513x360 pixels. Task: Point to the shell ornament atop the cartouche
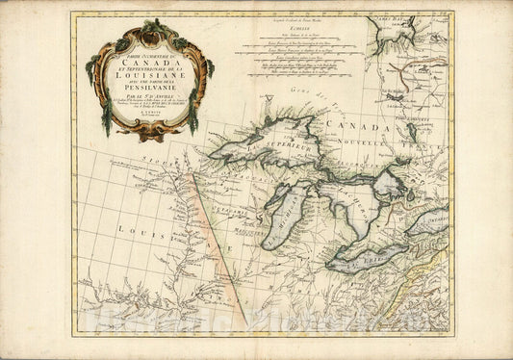151,29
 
